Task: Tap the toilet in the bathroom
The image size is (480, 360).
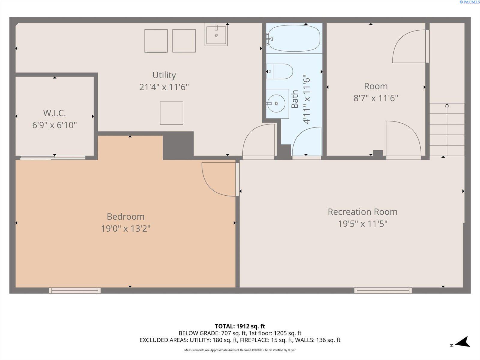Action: [x=280, y=71]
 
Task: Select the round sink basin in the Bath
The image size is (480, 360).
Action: [x=276, y=103]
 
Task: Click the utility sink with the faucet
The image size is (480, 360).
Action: [x=216, y=34]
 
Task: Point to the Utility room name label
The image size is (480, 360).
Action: [x=164, y=75]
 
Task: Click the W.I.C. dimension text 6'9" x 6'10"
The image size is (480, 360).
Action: [x=55, y=125]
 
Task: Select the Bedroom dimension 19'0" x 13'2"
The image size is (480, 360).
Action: [x=125, y=228]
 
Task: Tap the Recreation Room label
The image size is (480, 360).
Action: [x=363, y=211]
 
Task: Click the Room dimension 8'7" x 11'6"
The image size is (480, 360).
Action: [x=376, y=98]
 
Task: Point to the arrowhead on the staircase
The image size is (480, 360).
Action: [x=447, y=105]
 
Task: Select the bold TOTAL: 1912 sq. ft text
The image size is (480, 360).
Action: [x=240, y=326]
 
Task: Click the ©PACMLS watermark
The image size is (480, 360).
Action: [x=469, y=2]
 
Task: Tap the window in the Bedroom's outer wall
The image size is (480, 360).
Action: [x=75, y=290]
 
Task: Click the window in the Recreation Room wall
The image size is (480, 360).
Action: [x=383, y=290]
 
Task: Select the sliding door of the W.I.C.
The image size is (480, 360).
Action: [x=53, y=157]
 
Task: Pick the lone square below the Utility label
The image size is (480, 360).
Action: [x=171, y=113]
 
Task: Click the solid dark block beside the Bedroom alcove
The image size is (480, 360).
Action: [x=178, y=145]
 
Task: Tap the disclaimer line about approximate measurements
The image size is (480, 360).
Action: [x=240, y=350]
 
